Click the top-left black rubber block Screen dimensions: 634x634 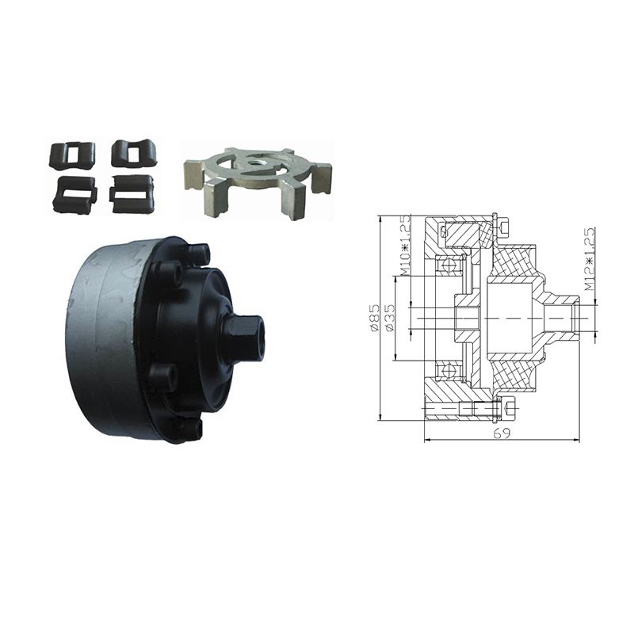click(72, 155)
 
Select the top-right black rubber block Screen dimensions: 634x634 click(135, 153)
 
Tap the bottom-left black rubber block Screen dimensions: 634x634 click(76, 194)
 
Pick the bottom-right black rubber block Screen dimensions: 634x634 click(132, 193)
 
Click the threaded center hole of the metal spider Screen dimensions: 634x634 click(255, 164)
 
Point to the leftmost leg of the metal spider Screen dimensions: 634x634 click(193, 174)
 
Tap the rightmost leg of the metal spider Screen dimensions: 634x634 click(323, 177)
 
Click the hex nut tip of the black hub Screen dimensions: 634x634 click(243, 338)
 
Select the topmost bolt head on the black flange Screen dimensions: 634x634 click(199, 254)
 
